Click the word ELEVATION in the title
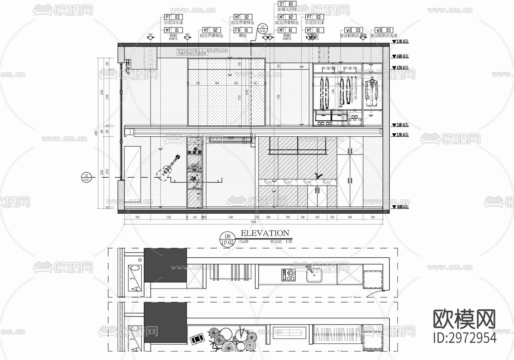coord(265,233)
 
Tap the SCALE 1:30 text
coord(281,241)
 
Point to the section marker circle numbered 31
coord(86,177)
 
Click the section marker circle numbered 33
coord(262,28)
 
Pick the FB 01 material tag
coord(242,30)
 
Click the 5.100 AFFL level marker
coord(401,42)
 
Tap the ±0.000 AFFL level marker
coord(401,207)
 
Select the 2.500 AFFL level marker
coord(401,125)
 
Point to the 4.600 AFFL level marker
coord(401,56)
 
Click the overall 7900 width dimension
coord(253,222)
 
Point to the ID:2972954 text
coord(465,338)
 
